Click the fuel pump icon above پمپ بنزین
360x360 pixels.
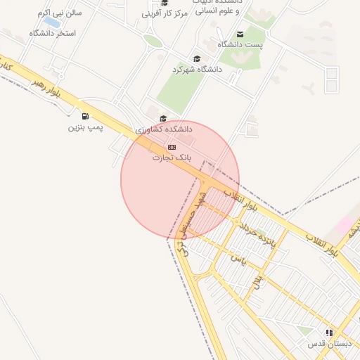pos(86,116)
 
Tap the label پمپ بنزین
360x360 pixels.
pos(86,127)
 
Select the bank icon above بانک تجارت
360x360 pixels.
pos(172,147)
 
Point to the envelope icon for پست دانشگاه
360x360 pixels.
pos(240,34)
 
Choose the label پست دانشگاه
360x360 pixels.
pos(240,44)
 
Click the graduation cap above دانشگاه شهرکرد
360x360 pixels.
pos(197,59)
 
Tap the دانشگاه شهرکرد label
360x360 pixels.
pos(197,70)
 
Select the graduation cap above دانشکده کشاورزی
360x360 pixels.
pos(164,119)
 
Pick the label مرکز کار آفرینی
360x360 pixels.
pos(165,13)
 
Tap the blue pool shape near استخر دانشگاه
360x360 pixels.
pos(51,22)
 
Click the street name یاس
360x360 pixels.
pos(237,259)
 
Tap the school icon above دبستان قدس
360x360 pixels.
pos(329,333)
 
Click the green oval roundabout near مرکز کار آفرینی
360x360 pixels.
pos(153,41)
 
